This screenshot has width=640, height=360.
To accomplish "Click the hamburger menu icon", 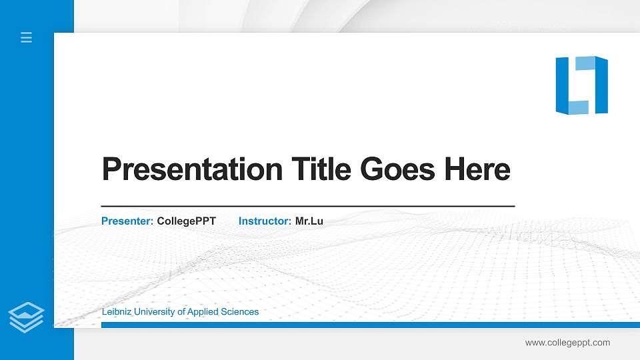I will click(27, 38).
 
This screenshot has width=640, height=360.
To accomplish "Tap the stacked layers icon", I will click(27, 317).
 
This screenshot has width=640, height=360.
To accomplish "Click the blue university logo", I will click(581, 85).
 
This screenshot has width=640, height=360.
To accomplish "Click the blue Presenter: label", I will click(127, 221).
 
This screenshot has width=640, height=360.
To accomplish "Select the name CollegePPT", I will click(187, 221).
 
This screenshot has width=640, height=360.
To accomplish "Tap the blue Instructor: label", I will click(265, 221).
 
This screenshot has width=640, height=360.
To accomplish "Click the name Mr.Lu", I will click(309, 221).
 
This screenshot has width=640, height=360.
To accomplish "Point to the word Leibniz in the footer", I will click(117, 312).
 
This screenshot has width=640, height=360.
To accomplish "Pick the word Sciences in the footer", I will click(242, 312).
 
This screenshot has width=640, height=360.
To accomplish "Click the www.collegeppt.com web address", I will click(567, 343).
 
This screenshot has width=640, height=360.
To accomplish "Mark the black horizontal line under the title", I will click(307, 207).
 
